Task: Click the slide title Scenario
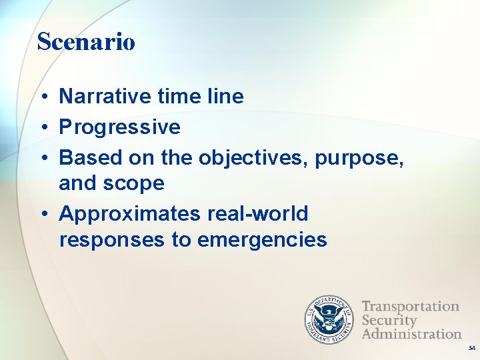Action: point(86,42)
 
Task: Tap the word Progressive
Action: point(120,127)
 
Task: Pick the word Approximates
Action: point(129,215)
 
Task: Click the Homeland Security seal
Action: point(329,320)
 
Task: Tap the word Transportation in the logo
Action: point(411,307)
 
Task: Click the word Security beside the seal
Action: point(389,320)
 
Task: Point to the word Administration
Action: point(411,333)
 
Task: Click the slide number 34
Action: point(471,348)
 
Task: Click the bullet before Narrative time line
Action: point(42,97)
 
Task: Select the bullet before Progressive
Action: point(42,127)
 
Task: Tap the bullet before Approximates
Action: point(42,215)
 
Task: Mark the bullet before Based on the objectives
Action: point(42,158)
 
